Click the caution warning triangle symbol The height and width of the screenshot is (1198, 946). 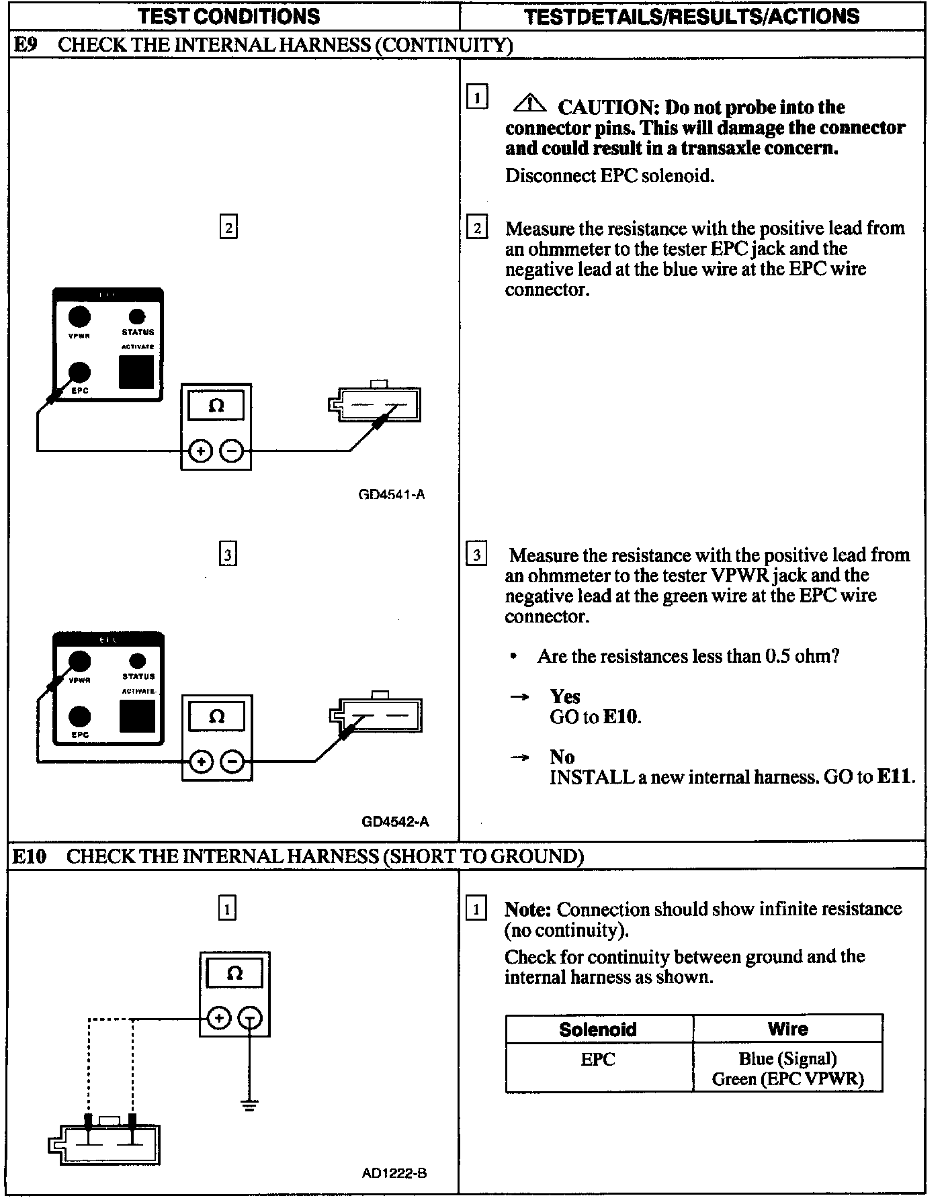530,103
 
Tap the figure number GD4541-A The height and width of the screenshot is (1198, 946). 392,494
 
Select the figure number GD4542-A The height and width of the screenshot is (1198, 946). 395,821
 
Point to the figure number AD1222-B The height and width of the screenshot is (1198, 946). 394,1173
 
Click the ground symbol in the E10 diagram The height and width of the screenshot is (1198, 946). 250,1105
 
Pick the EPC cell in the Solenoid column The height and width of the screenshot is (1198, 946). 598,1060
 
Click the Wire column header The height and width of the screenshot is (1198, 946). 787,1029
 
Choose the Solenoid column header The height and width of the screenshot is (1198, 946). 598,1029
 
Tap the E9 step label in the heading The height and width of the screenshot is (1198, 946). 25,45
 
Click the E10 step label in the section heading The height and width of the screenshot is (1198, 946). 30,856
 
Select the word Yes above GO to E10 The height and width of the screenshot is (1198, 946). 564,696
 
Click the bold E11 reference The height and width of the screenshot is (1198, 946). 895,777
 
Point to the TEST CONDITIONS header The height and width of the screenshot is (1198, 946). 228,16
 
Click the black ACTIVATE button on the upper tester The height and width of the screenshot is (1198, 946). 136,371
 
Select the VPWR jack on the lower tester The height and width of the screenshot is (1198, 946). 80,661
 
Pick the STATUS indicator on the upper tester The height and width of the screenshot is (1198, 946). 137,317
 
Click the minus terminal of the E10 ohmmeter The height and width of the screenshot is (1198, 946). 250,1019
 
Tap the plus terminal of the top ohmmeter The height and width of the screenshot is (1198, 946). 200,451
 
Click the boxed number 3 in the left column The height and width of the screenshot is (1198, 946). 228,555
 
